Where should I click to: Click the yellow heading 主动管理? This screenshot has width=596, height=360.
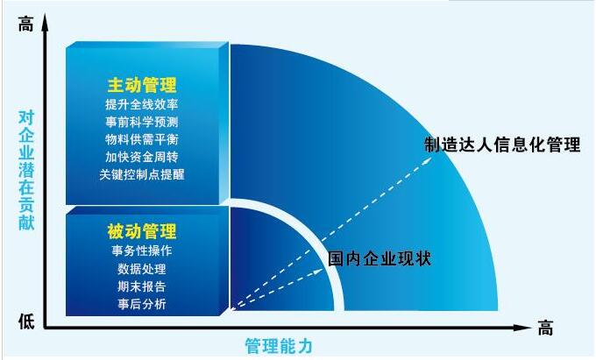click(x=142, y=85)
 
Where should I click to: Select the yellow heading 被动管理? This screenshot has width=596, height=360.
click(x=142, y=231)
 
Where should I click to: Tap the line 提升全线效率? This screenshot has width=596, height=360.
click(x=142, y=104)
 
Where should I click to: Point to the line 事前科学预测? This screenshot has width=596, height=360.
click(x=142, y=122)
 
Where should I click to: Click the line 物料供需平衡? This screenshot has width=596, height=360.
click(x=142, y=139)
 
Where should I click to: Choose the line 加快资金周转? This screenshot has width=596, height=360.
click(x=142, y=157)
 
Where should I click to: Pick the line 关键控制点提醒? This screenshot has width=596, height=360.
click(x=142, y=174)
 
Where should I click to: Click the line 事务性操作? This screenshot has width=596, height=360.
click(x=142, y=251)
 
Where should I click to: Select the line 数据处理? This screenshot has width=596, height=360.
click(x=142, y=269)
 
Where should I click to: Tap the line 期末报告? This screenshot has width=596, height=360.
click(x=142, y=286)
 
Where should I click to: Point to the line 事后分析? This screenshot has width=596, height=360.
click(x=142, y=304)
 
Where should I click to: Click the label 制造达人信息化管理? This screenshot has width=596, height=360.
click(x=502, y=145)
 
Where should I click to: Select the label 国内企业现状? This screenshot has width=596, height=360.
click(x=380, y=259)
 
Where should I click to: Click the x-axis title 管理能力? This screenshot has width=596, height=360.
click(x=279, y=346)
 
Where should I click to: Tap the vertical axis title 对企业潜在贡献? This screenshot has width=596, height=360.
click(x=26, y=170)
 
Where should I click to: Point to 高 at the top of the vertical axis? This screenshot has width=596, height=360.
click(x=25, y=25)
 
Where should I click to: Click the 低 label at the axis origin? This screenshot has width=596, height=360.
click(x=25, y=321)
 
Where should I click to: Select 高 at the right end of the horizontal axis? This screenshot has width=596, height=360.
click(x=545, y=328)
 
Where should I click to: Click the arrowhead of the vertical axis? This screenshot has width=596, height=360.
click(x=46, y=22)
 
